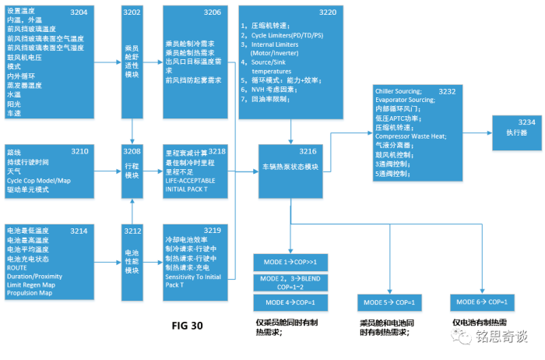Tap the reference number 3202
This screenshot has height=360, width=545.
(x=132, y=13)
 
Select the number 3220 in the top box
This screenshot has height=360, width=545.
(x=328, y=13)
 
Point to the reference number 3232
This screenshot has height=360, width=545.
(x=446, y=92)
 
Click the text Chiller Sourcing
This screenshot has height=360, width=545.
(x=398, y=92)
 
